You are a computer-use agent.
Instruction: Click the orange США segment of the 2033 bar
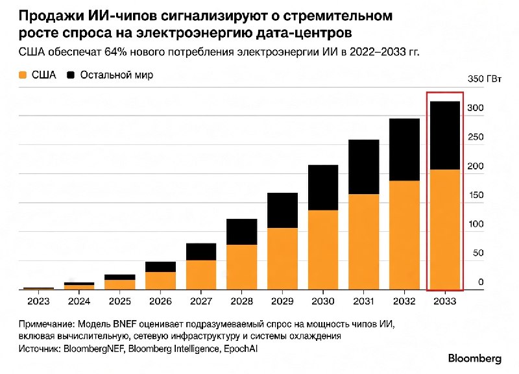coord(444,230)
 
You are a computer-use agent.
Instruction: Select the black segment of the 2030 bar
coord(323,188)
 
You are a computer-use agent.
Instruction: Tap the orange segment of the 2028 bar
coord(241,268)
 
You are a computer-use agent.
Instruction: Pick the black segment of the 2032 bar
coord(404,149)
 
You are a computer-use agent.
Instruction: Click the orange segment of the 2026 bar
coord(160,281)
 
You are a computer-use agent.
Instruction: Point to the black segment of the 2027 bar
coord(201,252)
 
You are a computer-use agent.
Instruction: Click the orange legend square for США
coord(23,75)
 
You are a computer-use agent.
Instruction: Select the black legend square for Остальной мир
coord(71,75)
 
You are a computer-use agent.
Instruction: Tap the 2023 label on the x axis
coord(38,301)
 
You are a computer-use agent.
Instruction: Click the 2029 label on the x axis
coord(282,301)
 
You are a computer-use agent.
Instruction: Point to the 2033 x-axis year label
coord(445,301)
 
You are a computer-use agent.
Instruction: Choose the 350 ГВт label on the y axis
coord(484,79)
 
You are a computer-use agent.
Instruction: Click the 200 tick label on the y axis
coord(476,166)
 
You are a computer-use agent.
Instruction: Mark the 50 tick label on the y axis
coord(478,253)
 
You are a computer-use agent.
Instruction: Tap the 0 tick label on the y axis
coord(481,282)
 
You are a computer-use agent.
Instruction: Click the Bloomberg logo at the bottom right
coord(475,358)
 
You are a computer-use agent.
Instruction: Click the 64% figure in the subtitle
coord(115,53)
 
